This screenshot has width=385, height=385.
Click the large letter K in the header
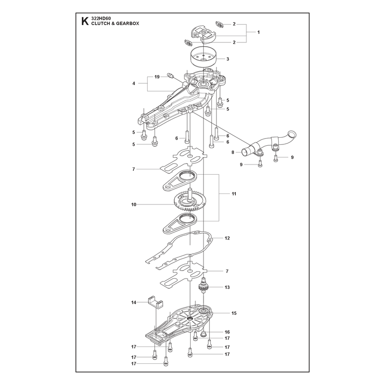[x=85, y=21]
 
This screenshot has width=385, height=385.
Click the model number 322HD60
[x=101, y=18]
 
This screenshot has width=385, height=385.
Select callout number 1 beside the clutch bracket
[x=258, y=32]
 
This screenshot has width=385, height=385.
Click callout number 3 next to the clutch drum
[x=228, y=59]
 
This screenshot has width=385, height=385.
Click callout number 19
[x=157, y=77]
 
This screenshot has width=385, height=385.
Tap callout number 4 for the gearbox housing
[x=134, y=83]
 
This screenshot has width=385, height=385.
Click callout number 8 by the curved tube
[x=233, y=153]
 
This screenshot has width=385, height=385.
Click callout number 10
[x=134, y=204]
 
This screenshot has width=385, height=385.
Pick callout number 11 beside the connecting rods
[x=234, y=194]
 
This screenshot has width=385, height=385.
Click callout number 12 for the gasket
[x=227, y=238]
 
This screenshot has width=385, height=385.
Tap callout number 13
[x=227, y=287]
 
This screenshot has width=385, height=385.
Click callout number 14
[x=134, y=303]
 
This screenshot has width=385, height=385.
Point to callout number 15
[x=234, y=313]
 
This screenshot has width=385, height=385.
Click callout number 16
[x=227, y=332]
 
